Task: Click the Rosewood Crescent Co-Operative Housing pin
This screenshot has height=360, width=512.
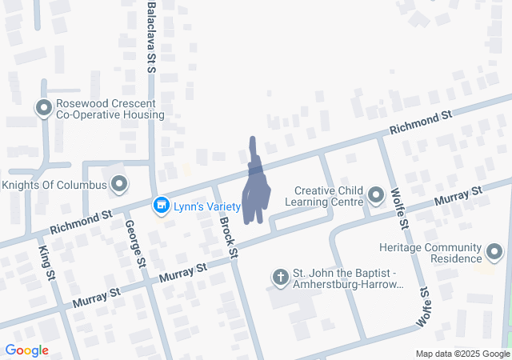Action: tap(43, 108)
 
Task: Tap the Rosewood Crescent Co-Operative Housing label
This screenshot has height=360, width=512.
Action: tap(110, 110)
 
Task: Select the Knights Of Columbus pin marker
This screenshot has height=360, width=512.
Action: tap(120, 186)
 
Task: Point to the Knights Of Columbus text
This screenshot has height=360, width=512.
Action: tap(54, 186)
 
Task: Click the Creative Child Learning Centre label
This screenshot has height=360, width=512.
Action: tap(329, 196)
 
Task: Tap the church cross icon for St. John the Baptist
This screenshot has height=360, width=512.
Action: tap(280, 277)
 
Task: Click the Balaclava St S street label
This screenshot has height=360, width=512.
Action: tap(151, 37)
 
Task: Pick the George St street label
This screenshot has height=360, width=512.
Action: tap(134, 245)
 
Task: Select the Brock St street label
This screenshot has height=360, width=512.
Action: tap(228, 237)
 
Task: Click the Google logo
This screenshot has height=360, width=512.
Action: tap(26, 350)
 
